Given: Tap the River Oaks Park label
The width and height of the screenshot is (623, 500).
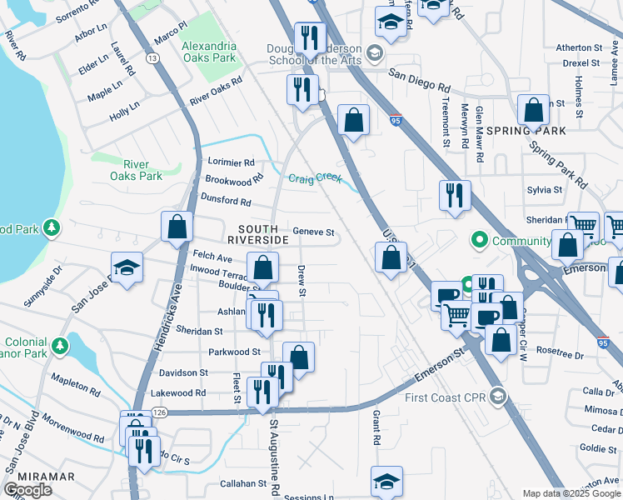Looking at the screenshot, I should [x=136, y=170].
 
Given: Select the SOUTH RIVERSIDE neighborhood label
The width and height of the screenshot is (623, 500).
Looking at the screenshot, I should [x=263, y=234].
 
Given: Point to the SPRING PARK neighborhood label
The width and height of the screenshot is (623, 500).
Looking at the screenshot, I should [x=526, y=131].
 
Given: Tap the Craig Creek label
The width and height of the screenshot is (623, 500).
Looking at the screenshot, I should [x=315, y=178].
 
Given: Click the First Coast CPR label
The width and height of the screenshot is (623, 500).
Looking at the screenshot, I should [x=446, y=396].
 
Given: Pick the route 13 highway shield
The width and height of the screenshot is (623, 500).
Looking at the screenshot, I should [x=152, y=58].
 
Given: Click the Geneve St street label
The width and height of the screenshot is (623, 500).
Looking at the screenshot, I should [x=312, y=232].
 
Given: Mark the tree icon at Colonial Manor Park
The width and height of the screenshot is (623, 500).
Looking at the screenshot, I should [x=59, y=344].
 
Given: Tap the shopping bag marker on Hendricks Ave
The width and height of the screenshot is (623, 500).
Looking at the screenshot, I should [x=177, y=227].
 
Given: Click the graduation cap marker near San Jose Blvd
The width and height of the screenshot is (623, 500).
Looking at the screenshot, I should [x=126, y=267].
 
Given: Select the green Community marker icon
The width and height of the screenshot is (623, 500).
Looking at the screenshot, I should [x=479, y=242].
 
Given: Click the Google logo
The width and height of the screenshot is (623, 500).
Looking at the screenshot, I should [x=28, y=490].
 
